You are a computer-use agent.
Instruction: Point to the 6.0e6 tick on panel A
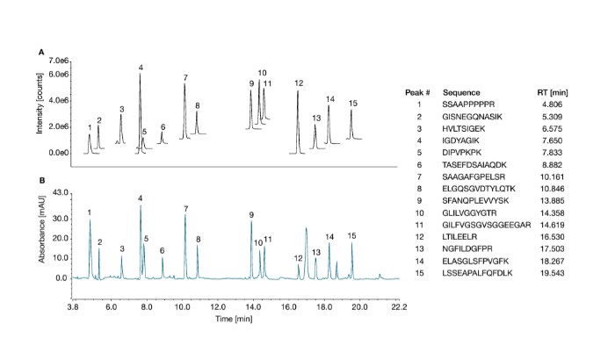point(57,75)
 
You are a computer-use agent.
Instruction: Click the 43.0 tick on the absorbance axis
point(60,191)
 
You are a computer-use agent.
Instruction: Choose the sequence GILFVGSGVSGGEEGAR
point(484,225)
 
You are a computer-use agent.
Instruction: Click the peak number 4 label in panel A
point(141,68)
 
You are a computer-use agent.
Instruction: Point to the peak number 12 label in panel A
point(299,83)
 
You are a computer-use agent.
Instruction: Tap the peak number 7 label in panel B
point(185,209)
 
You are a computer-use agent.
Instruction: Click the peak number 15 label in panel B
point(351,235)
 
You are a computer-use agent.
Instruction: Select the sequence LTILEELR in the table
point(462,237)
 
